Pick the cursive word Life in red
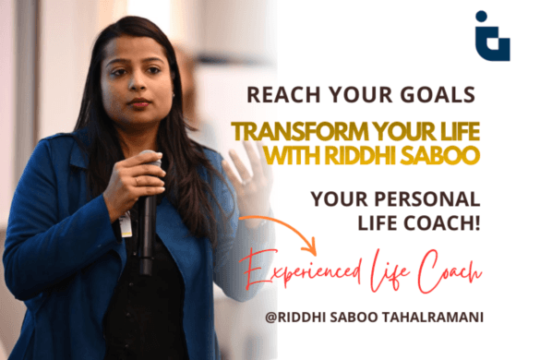tap(406, 270)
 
